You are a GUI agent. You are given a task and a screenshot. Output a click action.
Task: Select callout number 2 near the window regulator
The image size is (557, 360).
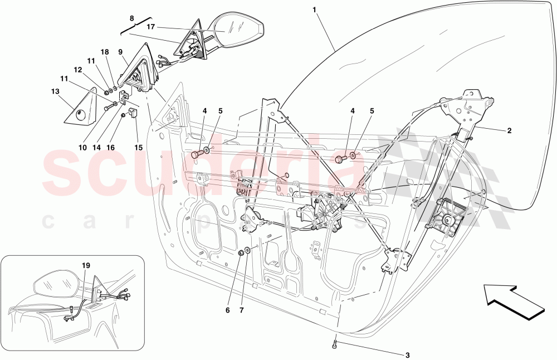coord(509,132)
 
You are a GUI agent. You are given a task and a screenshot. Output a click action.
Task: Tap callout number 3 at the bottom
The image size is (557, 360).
coord(407,355)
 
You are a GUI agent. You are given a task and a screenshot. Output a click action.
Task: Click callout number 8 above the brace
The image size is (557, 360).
coord(131,18)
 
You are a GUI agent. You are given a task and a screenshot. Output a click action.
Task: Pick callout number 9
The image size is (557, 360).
coord(120,51)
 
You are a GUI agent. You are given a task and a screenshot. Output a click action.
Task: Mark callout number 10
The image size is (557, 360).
coord(82,148)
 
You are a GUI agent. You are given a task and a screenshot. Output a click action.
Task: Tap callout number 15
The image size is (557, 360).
coord(138,148)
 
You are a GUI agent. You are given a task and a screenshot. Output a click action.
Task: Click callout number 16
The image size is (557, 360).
coord(110,148)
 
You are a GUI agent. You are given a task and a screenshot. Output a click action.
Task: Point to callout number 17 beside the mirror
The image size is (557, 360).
coord(151,26)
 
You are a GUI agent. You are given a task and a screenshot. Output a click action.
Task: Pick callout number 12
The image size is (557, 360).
coord(77,70)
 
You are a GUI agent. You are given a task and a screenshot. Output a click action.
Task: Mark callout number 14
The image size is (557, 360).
coord(96,148)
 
